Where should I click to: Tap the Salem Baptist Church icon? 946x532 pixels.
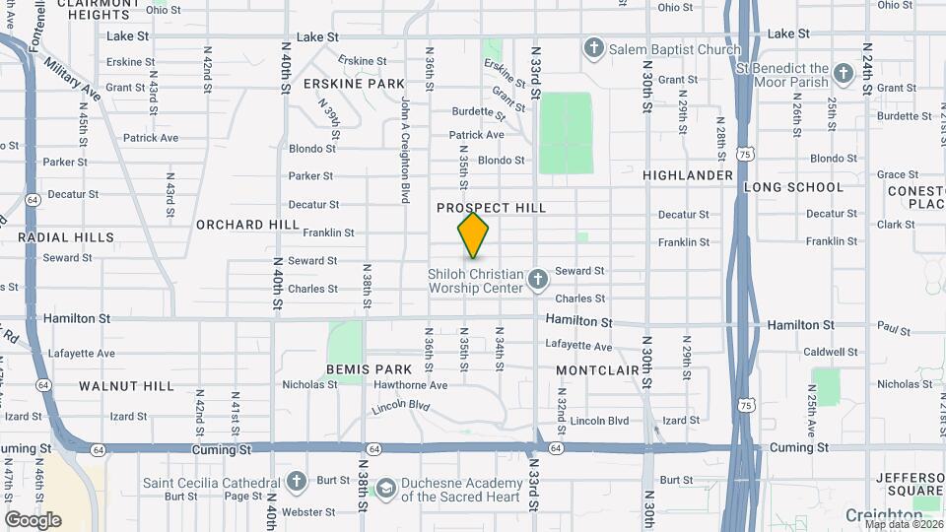point(593,48)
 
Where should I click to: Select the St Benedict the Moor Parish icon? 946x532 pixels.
point(844,73)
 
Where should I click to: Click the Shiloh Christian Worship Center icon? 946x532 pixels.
point(538,280)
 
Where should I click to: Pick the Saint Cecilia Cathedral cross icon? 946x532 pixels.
point(297,483)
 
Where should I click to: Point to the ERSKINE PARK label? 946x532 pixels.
point(354,84)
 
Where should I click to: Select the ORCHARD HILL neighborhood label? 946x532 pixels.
point(246,225)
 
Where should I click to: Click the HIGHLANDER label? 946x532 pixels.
point(688,175)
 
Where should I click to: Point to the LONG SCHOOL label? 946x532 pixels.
point(793,187)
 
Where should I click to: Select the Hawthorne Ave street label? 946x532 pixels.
point(412,385)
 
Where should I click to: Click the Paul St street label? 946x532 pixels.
point(893,327)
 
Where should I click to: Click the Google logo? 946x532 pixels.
point(33,519)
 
